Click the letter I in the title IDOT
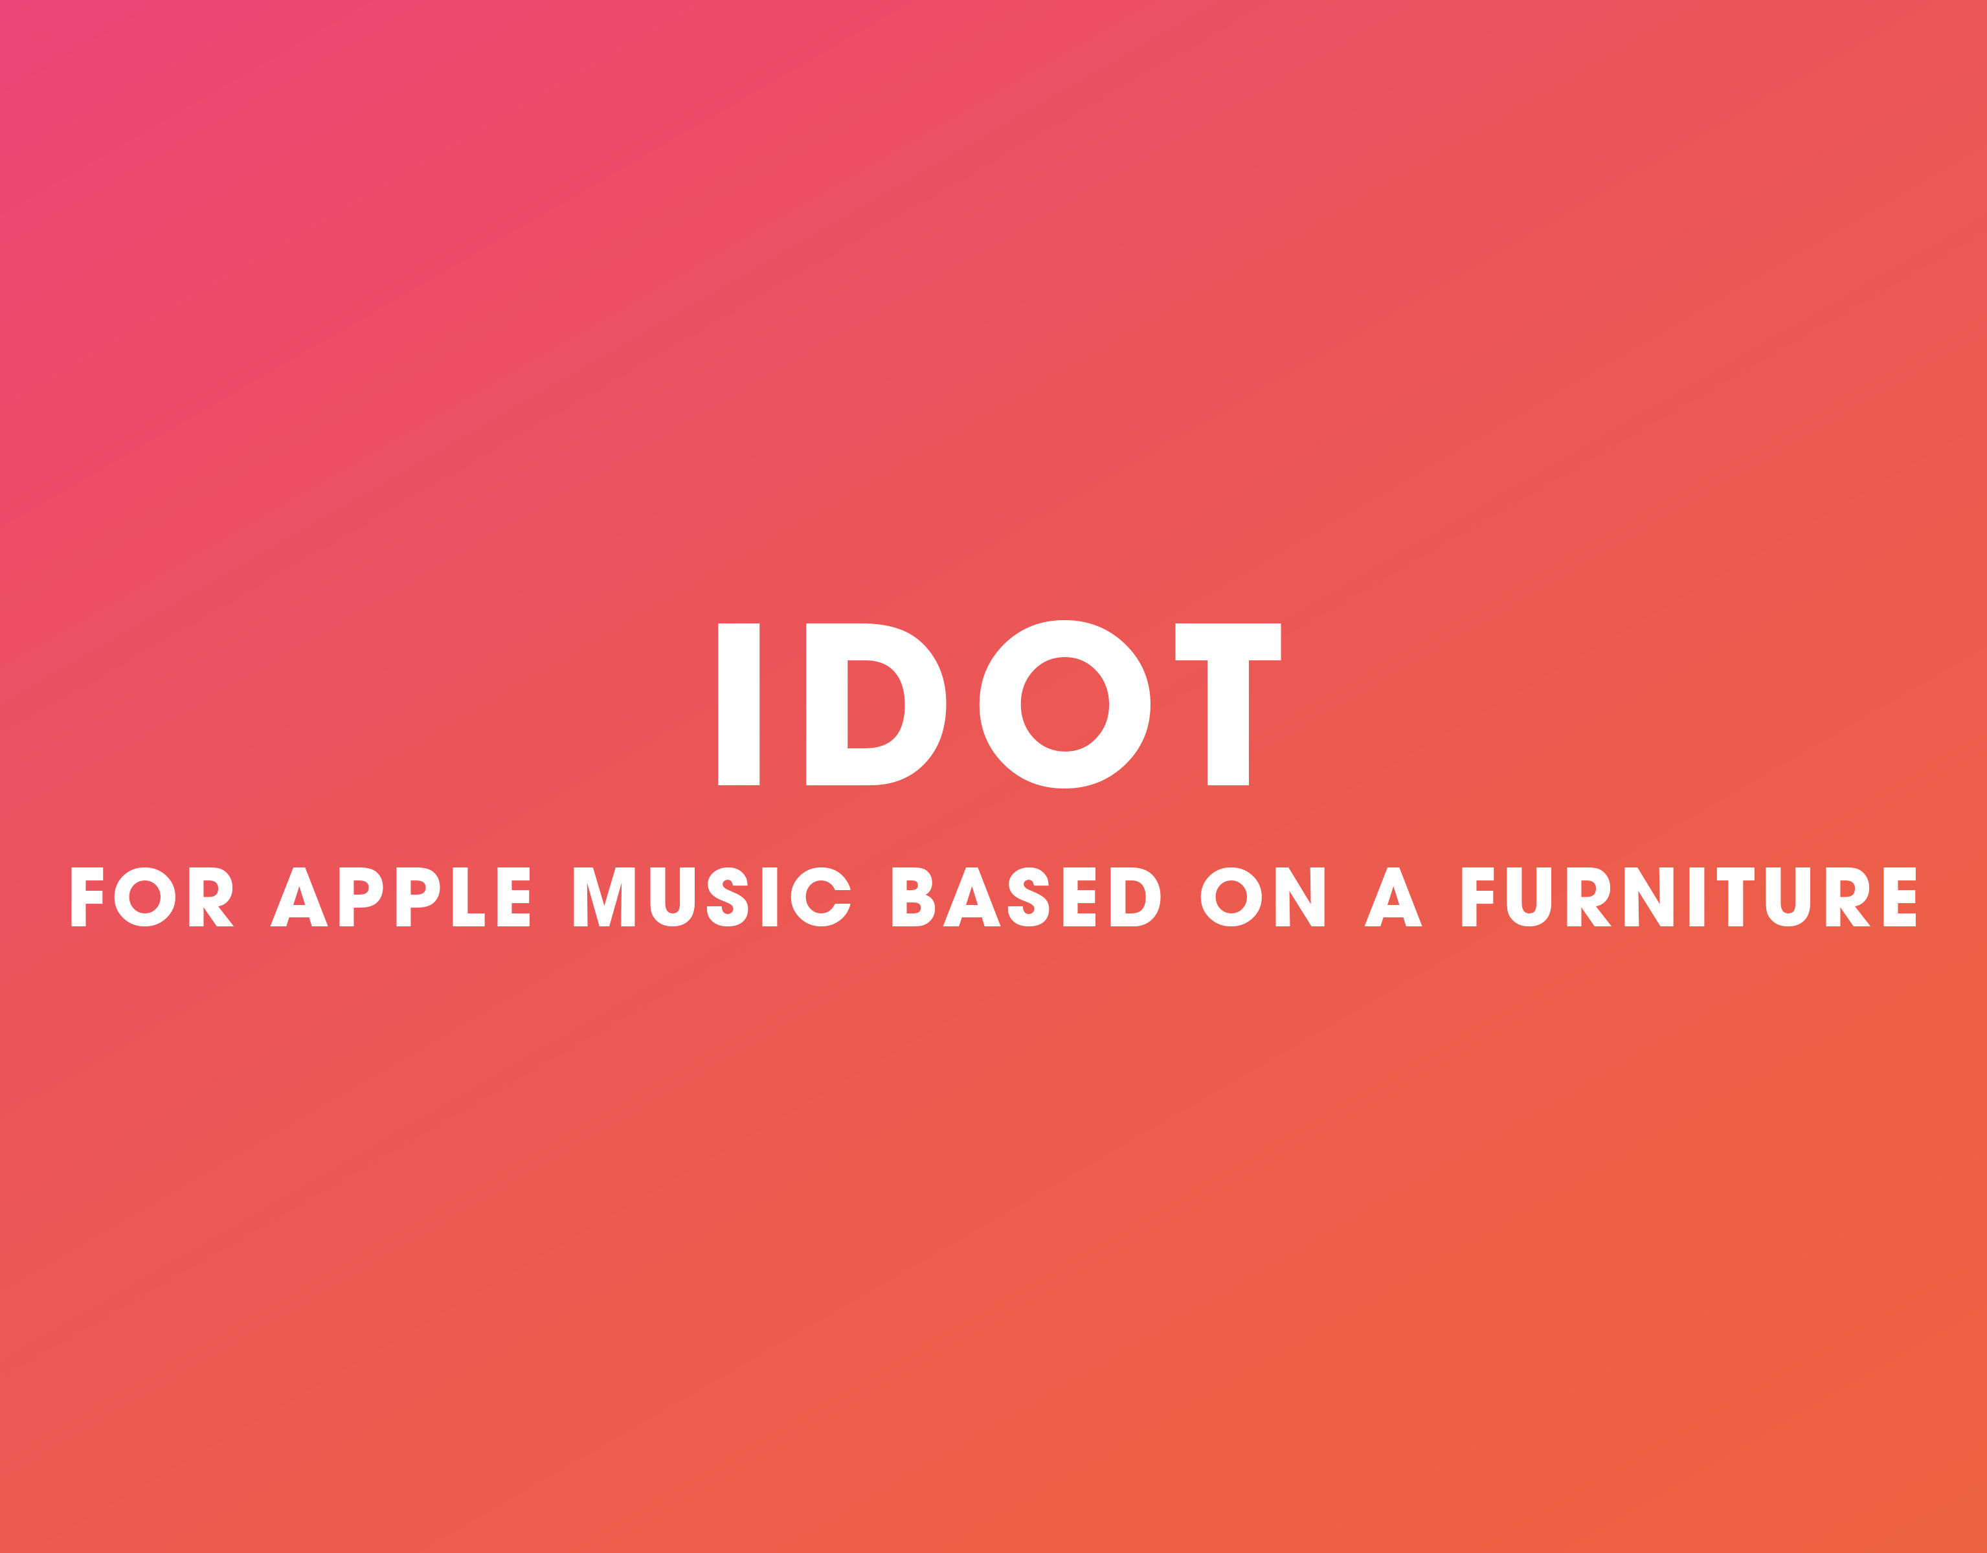tap(738, 704)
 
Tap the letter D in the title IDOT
tap(875, 704)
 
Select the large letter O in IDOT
tap(1064, 704)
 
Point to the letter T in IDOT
tap(1228, 704)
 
